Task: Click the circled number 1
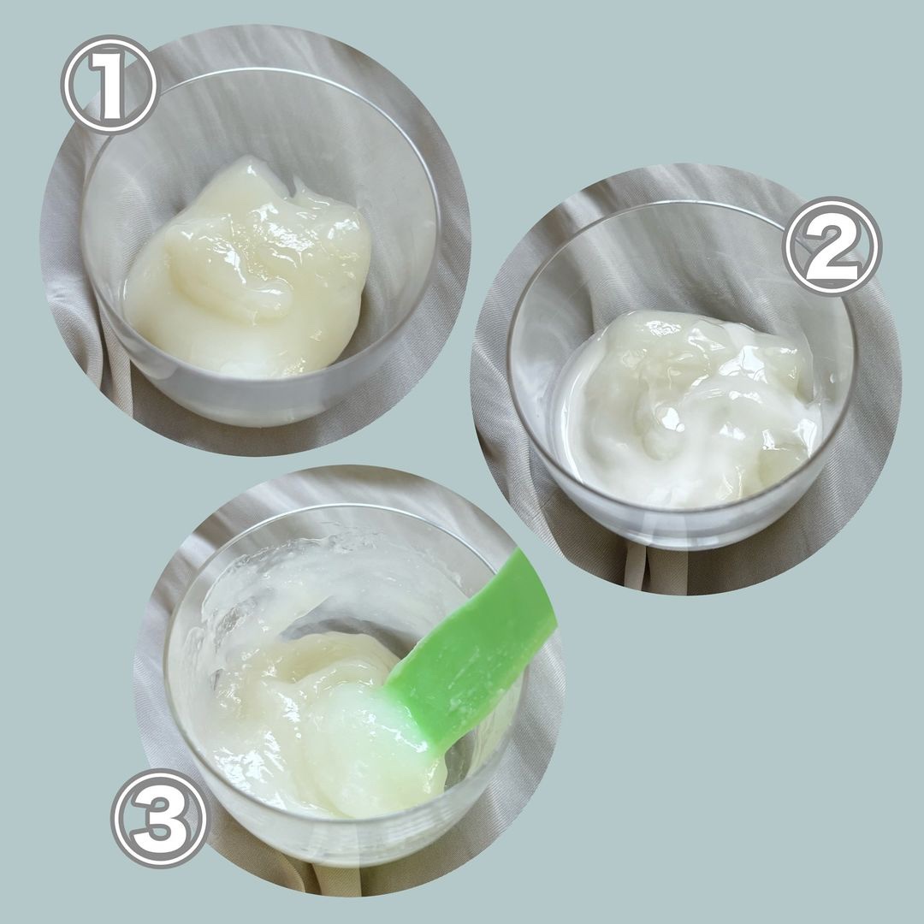(109, 84)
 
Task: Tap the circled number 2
(832, 246)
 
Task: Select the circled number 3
(160, 818)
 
